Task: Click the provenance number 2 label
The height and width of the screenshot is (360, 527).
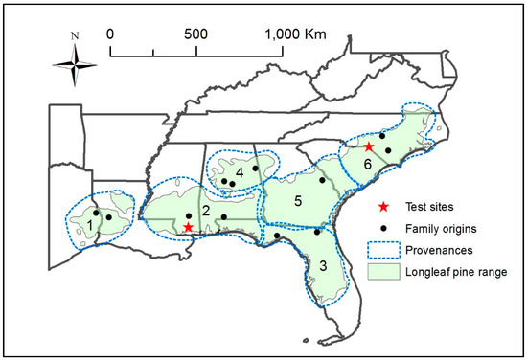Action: [205, 211]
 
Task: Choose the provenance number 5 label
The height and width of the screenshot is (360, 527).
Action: [298, 201]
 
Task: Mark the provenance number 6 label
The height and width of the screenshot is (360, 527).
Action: [367, 164]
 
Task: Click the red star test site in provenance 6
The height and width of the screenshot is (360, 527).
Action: [369, 146]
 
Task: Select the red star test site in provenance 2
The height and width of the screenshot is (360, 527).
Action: [189, 227]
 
